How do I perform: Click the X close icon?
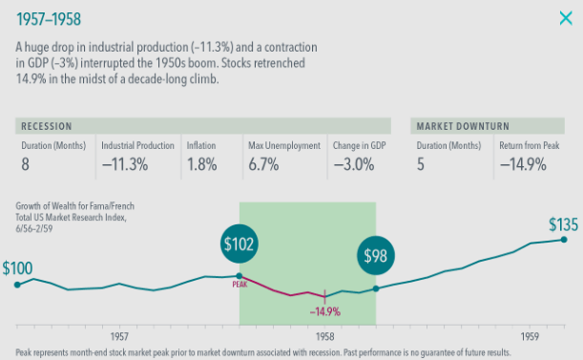[566, 18]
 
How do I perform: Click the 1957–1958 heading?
[49, 19]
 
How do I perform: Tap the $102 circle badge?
[239, 244]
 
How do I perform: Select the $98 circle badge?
[376, 255]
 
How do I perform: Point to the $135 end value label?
[563, 224]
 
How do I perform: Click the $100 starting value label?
[17, 268]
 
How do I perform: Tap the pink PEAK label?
[239, 285]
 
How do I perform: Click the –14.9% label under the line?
[325, 311]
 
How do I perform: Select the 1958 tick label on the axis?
[325, 336]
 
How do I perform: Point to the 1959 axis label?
[530, 336]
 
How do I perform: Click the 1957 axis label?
[119, 336]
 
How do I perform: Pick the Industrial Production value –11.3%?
[125, 164]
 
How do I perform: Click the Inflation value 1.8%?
[202, 164]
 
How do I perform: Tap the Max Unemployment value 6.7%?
[263, 164]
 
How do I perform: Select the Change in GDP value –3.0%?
[354, 164]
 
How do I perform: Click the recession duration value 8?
[25, 164]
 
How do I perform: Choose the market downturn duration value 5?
[421, 164]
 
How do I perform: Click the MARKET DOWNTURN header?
[463, 126]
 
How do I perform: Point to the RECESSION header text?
[47, 126]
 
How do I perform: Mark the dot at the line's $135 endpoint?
[564, 240]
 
